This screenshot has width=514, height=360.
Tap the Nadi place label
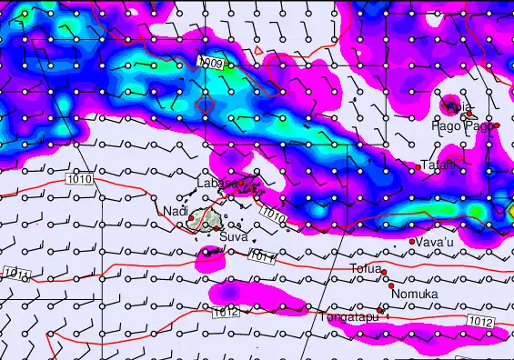(173, 212)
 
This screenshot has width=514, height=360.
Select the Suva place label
(233, 237)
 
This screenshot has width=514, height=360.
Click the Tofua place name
(366, 268)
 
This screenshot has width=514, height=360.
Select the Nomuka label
(415, 295)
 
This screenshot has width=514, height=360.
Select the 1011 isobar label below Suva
(260, 257)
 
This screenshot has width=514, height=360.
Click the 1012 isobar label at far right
(482, 322)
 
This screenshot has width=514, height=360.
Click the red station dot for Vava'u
(412, 241)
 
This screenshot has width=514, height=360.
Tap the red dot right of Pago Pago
(497, 125)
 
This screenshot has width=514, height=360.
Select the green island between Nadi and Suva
(212, 218)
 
